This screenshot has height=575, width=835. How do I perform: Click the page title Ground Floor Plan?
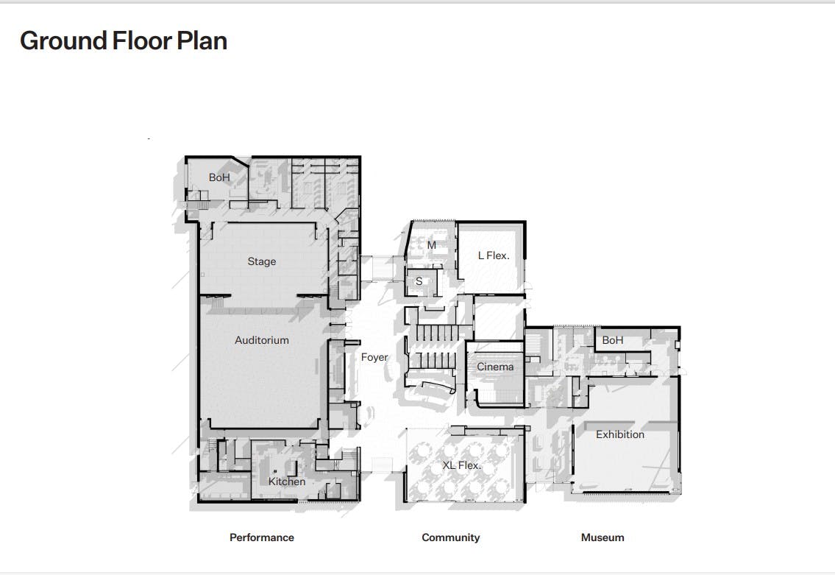coord(124,41)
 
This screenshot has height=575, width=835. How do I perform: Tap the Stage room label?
coord(261,261)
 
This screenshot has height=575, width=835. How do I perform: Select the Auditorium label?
coord(261,340)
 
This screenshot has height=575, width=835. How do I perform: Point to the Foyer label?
coord(374,358)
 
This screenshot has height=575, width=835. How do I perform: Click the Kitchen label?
coord(286,481)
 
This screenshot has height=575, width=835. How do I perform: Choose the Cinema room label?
coord(494,367)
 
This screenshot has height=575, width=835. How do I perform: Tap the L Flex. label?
coord(493,255)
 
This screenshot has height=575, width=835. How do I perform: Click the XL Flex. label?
coord(461,465)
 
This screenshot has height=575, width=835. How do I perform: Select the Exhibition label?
coord(620,434)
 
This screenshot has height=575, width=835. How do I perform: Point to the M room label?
coord(431,245)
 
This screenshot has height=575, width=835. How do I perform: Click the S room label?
coord(419,281)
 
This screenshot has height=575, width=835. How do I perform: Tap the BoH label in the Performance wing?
coord(219,177)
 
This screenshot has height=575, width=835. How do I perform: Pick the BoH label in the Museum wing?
coord(612,340)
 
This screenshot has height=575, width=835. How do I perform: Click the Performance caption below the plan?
coord(261,537)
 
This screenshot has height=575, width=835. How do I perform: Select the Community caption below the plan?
coord(450,537)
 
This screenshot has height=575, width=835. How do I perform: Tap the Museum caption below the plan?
coord(603,537)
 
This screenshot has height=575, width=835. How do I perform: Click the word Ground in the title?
coord(63,41)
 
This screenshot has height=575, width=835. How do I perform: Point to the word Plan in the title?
coord(202,41)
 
